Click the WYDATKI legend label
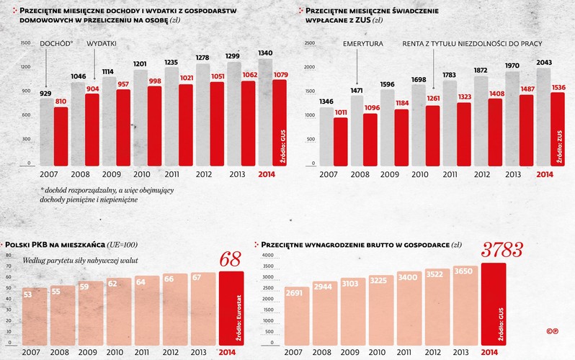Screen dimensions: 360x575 click(x=102, y=44)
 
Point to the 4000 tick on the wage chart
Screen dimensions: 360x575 click(x=268, y=256)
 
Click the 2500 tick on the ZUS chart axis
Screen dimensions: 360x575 click(x=311, y=43)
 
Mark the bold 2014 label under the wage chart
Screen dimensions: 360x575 click(x=489, y=351)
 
